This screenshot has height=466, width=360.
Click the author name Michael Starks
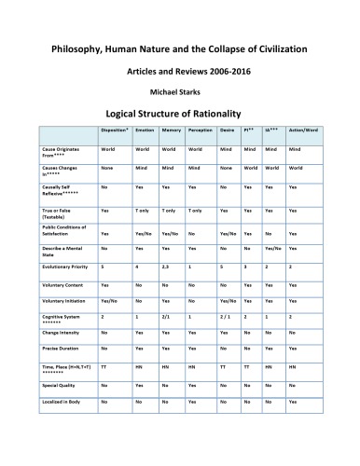180,92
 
